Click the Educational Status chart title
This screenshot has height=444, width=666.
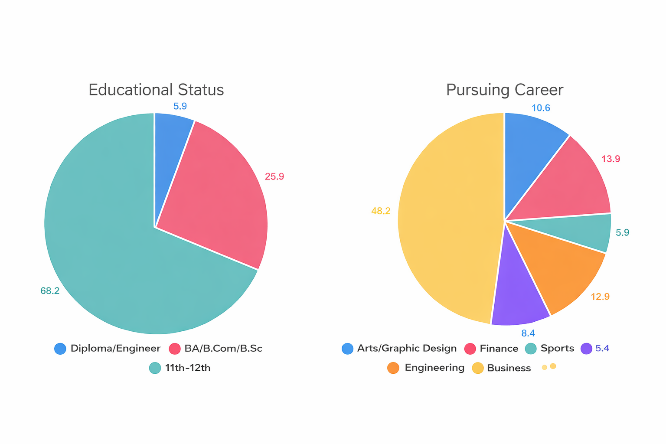[x=156, y=89]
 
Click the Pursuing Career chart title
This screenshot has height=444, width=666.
[x=505, y=90]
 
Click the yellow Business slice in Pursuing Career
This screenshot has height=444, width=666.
[x=449, y=220]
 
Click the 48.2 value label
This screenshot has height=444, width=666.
[x=381, y=211]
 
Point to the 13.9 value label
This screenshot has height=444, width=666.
[x=610, y=159]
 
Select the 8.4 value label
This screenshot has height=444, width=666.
[x=528, y=333]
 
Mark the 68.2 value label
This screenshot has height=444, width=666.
[x=50, y=291]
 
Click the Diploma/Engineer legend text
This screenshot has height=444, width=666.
[x=115, y=348]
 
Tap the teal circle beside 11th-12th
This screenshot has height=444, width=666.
[x=155, y=368]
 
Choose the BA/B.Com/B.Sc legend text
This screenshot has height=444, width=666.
[x=223, y=348]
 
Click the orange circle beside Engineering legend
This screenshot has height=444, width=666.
[x=393, y=368]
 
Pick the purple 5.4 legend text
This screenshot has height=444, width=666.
[x=602, y=348]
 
